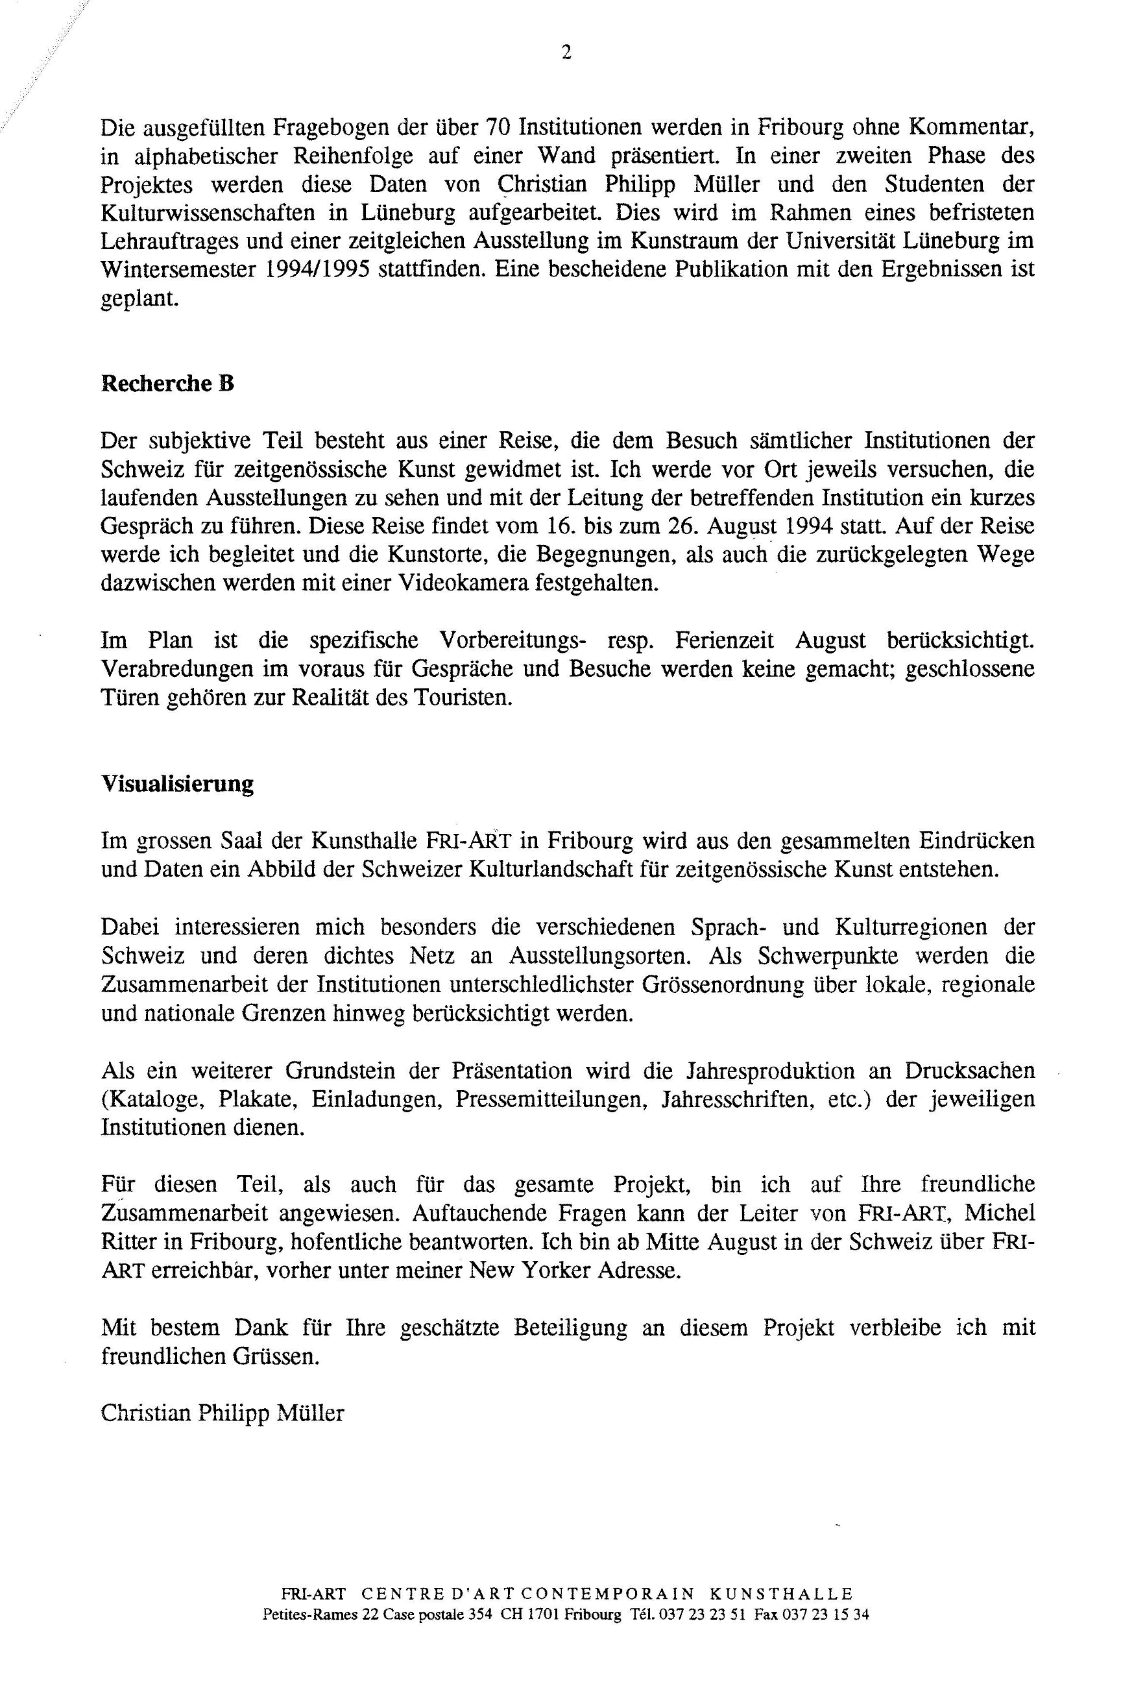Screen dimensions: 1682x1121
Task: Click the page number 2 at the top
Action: (566, 52)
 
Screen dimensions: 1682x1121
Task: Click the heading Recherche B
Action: (167, 384)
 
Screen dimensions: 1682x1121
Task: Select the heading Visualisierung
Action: (176, 784)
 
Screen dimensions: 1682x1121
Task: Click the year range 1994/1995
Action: (314, 269)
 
